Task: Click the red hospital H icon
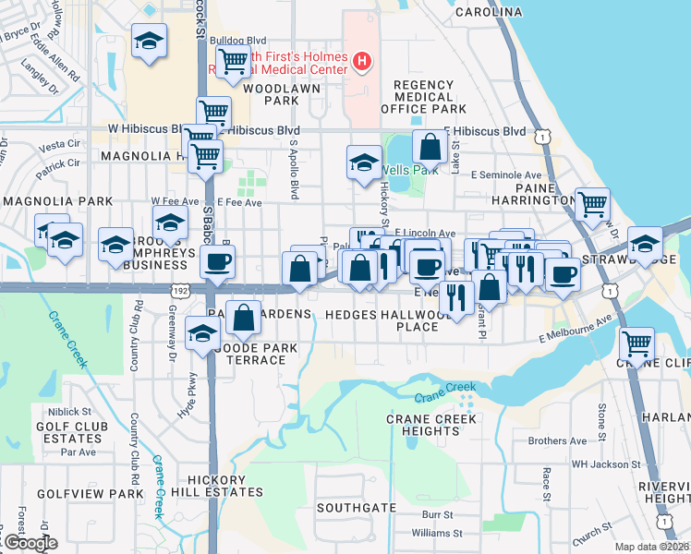pyautogui.click(x=362, y=63)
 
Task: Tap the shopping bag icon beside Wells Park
pyautogui.click(x=430, y=146)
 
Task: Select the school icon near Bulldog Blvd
pyautogui.click(x=149, y=42)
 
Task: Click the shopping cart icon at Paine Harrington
pyautogui.click(x=591, y=204)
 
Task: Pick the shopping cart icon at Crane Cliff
pyautogui.click(x=637, y=343)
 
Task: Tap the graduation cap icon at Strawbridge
pyautogui.click(x=645, y=245)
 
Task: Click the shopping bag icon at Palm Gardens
pyautogui.click(x=243, y=318)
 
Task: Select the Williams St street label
pyautogui.click(x=431, y=533)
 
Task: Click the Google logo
pyautogui.click(x=30, y=543)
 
